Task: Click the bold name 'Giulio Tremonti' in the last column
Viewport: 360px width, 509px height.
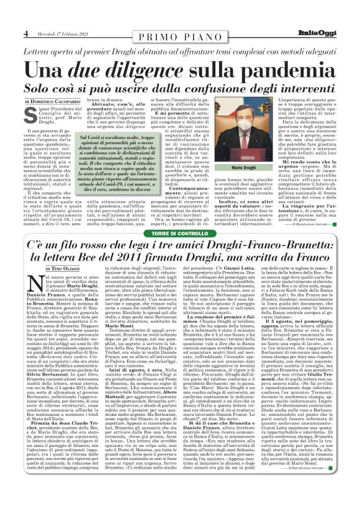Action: (314, 448)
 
